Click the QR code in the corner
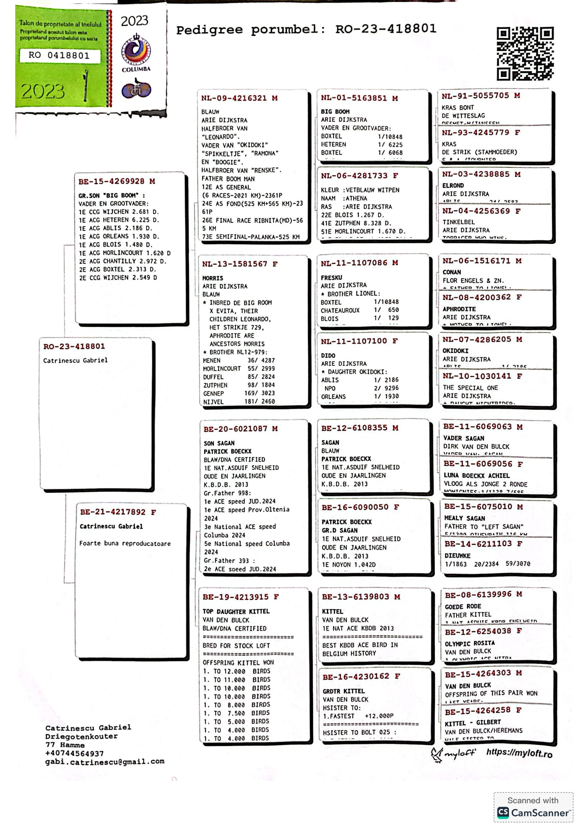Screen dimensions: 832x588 [525, 53]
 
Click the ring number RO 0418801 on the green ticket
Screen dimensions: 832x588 [59, 55]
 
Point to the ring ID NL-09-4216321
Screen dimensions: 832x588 [234, 98]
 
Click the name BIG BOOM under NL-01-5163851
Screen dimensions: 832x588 [335, 112]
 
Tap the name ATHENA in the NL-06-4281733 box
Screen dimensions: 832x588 [356, 198]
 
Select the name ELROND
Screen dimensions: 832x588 [453, 186]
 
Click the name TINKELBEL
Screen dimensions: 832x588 [458, 222]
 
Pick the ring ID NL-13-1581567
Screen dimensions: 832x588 [235, 264]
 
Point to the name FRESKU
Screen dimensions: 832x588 [331, 277]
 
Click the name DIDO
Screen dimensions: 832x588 [328, 355]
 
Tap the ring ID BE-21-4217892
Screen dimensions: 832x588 [113, 512]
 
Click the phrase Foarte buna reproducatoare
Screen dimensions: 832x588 [125, 544]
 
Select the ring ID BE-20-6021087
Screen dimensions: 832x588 [235, 429]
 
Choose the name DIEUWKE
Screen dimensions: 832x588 [457, 556]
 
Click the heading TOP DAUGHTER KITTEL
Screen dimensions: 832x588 [236, 611]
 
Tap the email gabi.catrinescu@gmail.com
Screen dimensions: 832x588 [105, 761]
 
